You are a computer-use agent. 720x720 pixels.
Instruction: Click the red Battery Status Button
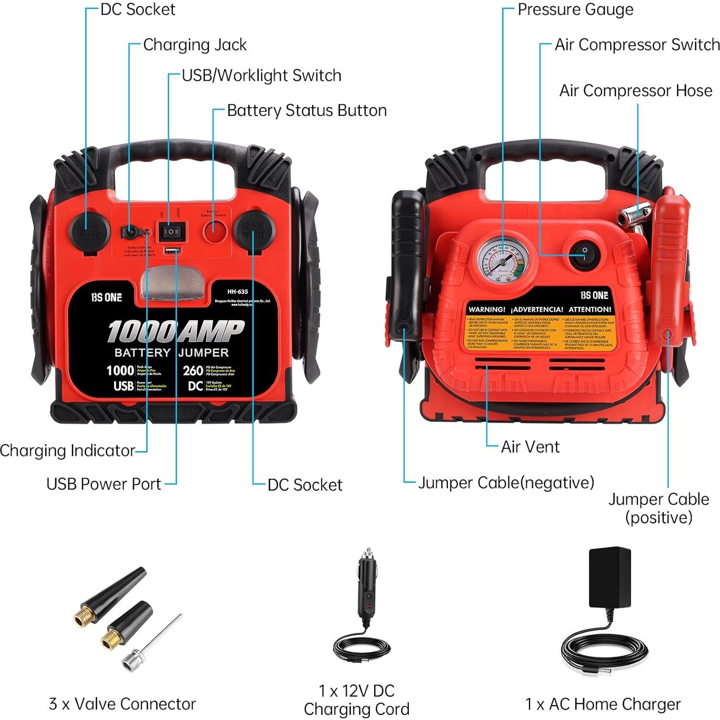(x=215, y=231)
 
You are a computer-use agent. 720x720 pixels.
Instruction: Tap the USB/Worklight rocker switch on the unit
(x=172, y=231)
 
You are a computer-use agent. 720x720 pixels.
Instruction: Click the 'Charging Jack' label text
(x=195, y=45)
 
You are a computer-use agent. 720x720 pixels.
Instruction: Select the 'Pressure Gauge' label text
(x=575, y=10)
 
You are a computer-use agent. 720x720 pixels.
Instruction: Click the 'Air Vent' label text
(x=530, y=447)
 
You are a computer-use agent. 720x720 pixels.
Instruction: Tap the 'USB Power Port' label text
(x=103, y=484)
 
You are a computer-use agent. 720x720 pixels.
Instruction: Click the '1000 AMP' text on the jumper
(x=175, y=331)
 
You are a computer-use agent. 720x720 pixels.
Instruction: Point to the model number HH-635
(x=238, y=291)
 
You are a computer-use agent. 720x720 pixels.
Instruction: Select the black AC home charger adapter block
(x=610, y=577)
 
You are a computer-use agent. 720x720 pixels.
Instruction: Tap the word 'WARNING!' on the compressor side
(x=487, y=309)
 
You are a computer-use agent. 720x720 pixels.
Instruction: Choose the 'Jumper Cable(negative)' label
(x=506, y=482)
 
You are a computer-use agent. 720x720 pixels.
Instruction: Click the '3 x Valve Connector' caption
(x=122, y=704)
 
